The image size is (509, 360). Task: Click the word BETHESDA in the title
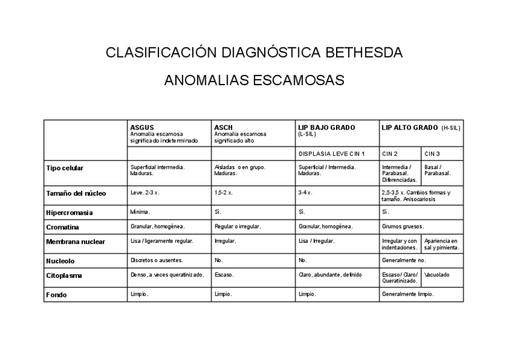coord(364,52)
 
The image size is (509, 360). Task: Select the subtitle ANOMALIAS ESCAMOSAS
coord(254,80)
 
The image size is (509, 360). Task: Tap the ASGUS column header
coord(142,127)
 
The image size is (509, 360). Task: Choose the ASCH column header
coord(223,127)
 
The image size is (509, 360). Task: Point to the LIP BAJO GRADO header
coord(327,127)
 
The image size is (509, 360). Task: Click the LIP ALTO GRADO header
coord(410,127)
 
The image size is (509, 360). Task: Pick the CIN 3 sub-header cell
coord(432,154)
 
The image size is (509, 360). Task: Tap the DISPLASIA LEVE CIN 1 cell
coord(331,154)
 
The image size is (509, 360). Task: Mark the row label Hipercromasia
coord(70,212)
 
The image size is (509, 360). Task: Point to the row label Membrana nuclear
coord(76,242)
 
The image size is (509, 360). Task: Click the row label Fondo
coord(56,295)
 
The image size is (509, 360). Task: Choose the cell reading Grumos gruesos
coord(403,227)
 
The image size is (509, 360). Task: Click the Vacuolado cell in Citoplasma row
coord(437,275)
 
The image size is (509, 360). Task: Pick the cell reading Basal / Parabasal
coord(437,170)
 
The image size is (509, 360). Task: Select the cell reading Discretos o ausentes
coord(157,260)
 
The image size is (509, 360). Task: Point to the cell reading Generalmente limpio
coord(408,295)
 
